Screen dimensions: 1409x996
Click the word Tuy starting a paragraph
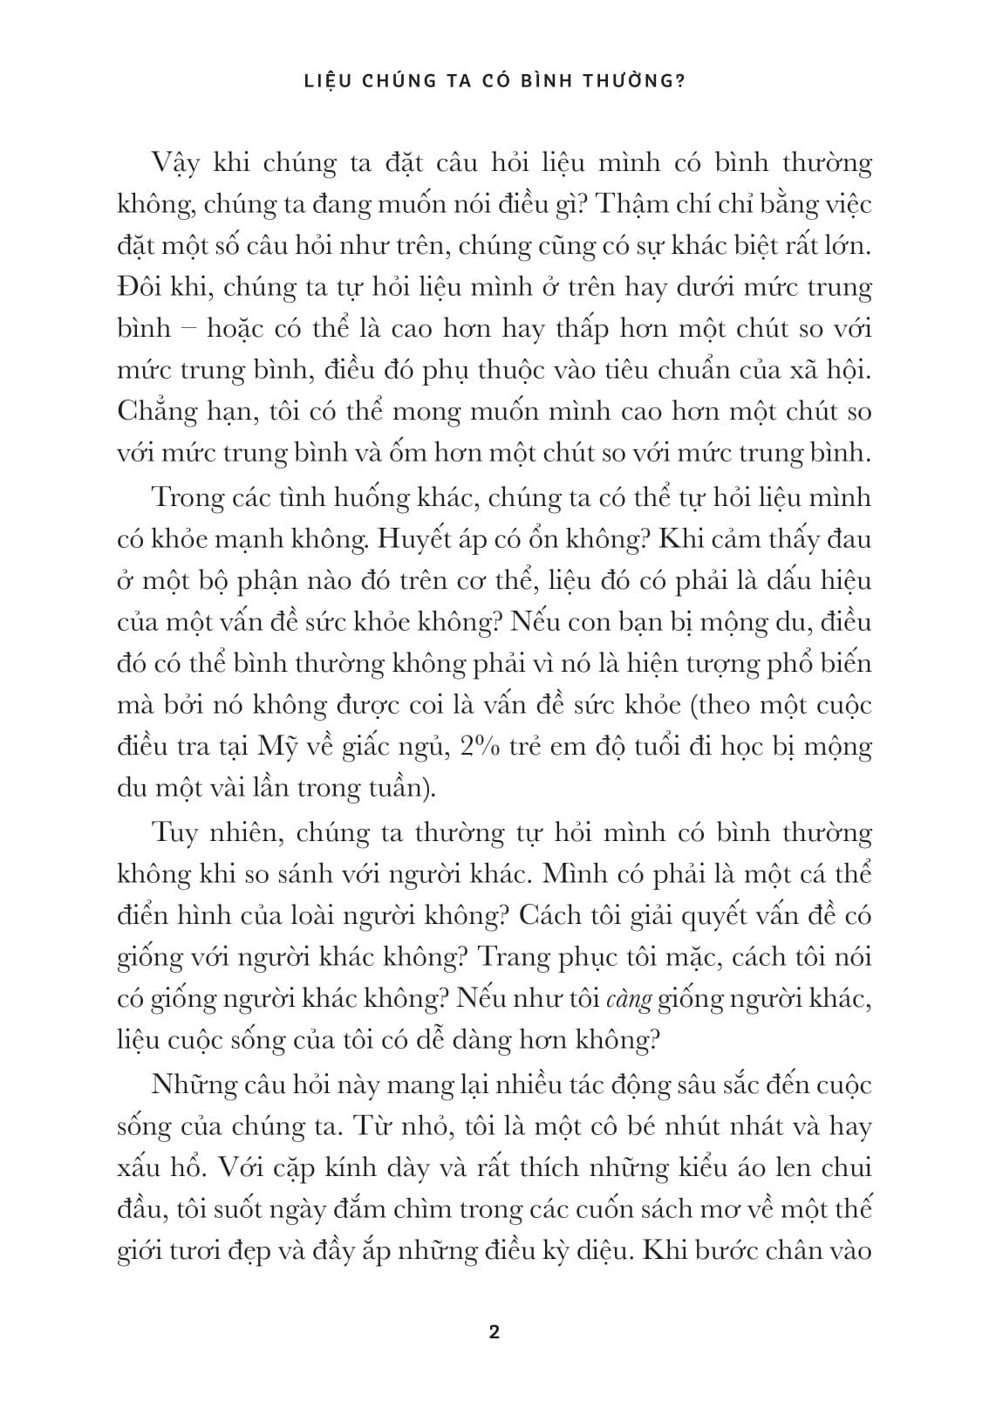point(175,832)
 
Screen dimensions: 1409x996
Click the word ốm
point(431,454)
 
